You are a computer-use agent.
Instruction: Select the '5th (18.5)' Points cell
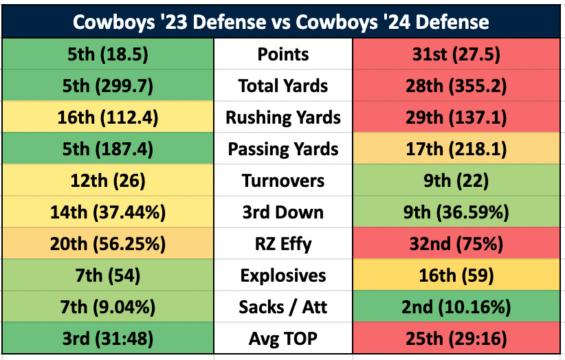pyautogui.click(x=107, y=54)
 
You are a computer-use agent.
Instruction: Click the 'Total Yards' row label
pyautogui.click(x=283, y=86)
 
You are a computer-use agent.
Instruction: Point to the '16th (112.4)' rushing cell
pyautogui.click(x=107, y=117)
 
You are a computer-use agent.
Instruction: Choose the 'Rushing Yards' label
pyautogui.click(x=283, y=117)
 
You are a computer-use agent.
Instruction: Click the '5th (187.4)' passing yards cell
pyautogui.click(x=107, y=149)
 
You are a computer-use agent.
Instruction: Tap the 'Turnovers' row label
pyautogui.click(x=283, y=181)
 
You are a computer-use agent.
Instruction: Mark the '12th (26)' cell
pyautogui.click(x=107, y=181)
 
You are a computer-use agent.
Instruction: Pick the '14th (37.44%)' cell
pyautogui.click(x=107, y=212)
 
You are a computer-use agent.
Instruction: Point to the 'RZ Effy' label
pyautogui.click(x=283, y=244)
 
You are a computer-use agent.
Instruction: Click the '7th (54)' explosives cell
pyautogui.click(x=107, y=275)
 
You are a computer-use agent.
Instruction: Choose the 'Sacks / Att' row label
pyautogui.click(x=283, y=307)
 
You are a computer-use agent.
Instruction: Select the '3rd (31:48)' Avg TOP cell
pyautogui.click(x=107, y=339)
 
